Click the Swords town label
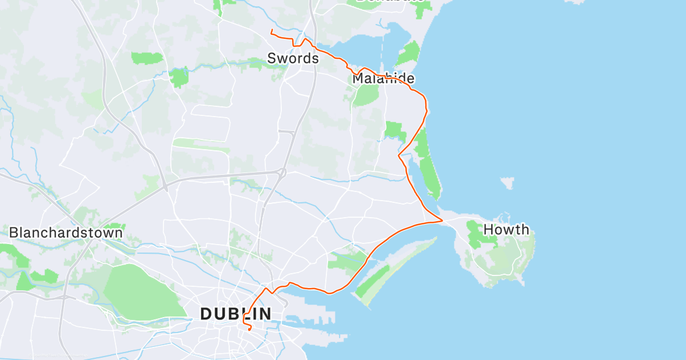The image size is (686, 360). [293, 58]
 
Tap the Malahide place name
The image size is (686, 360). [383, 79]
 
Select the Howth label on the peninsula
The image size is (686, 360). [506, 230]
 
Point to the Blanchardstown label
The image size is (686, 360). [66, 233]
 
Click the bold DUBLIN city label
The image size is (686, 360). [236, 314]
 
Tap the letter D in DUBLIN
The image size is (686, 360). [206, 314]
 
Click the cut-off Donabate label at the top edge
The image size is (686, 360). [393, 2]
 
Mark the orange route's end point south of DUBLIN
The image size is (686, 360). [249, 330]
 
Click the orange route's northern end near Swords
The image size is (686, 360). [272, 29]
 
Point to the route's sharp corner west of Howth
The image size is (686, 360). [442, 220]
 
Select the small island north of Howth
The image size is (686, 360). [507, 183]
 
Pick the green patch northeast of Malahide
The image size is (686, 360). [408, 54]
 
